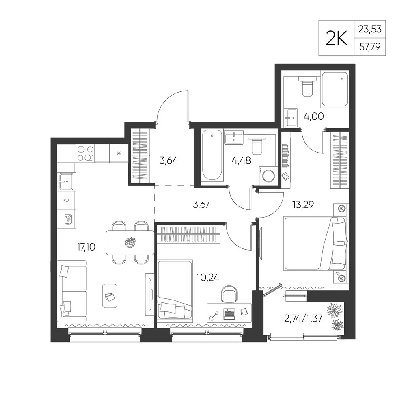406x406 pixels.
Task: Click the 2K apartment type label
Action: [x=336, y=38]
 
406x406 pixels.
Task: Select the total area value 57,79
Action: [x=370, y=47]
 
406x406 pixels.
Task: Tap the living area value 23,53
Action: [x=370, y=29]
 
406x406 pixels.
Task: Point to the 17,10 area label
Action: [x=86, y=247]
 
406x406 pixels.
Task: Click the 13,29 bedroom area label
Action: [x=303, y=205]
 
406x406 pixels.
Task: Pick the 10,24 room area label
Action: [x=208, y=278]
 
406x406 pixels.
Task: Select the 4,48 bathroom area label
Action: [x=241, y=160]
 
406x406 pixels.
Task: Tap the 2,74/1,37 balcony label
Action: [x=303, y=318]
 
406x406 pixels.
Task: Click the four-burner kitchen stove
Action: [x=85, y=153]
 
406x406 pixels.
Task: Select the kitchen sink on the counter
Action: [x=66, y=181]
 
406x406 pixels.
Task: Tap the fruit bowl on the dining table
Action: [x=130, y=242]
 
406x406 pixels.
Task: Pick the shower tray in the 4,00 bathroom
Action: [x=334, y=89]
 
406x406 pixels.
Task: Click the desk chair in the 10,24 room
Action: [x=229, y=294]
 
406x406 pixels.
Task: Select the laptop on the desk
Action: [x=229, y=314]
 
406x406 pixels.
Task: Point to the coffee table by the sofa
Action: [x=110, y=296]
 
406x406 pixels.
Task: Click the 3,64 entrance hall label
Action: [x=169, y=161]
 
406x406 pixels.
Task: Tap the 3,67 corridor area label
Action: [x=201, y=205]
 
